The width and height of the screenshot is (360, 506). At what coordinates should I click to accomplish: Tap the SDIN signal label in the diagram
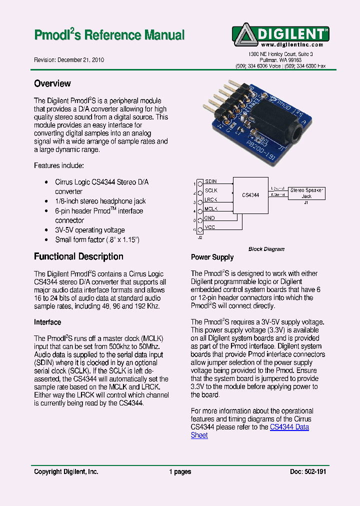pos(211,181)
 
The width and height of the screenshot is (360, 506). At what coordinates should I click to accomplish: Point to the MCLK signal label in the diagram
pos(211,209)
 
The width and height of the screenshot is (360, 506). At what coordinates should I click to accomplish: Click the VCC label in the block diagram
pos(210,227)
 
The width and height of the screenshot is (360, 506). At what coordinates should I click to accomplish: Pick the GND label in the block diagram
pos(210,218)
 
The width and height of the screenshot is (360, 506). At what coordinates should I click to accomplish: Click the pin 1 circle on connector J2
pos(199,183)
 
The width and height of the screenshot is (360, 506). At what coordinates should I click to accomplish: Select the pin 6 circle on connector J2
pos(199,229)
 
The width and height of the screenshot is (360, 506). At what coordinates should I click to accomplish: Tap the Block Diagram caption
pos(266,249)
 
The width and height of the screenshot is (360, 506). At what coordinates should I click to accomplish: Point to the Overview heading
pos(52,83)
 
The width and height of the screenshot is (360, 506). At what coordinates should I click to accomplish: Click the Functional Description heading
pos(78,256)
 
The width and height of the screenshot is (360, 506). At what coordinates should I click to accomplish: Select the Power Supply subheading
pos(212,257)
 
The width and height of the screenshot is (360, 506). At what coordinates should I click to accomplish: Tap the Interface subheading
pos(47,322)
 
